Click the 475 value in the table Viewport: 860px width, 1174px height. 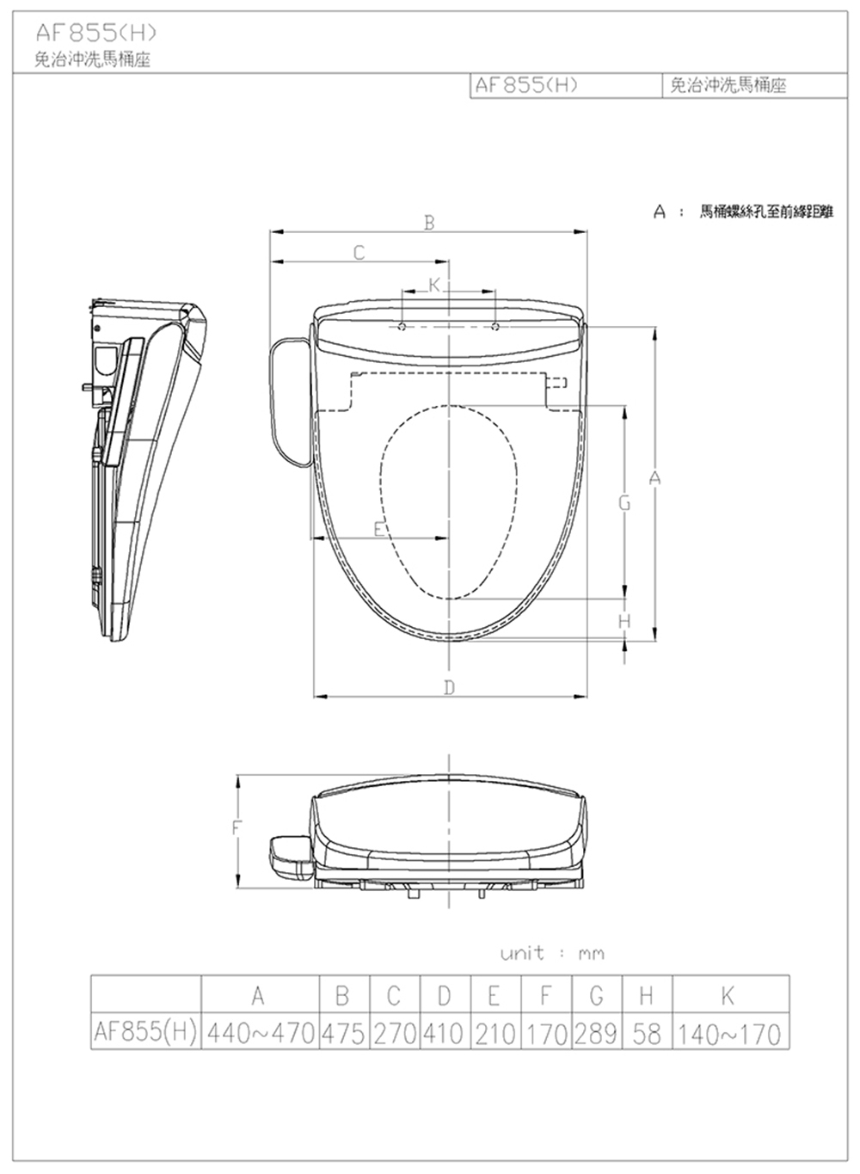343,1034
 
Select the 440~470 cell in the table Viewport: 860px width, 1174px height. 261,1034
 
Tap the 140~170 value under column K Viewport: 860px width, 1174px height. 729,1034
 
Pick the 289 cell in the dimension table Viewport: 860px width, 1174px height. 596,1034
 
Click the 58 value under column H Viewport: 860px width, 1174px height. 647,1034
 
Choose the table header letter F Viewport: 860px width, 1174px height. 545,994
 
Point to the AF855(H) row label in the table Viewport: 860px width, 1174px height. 145,1032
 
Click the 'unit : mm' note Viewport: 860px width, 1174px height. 552,952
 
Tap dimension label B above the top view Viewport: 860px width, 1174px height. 429,224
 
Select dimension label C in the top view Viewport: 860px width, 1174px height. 359,253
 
